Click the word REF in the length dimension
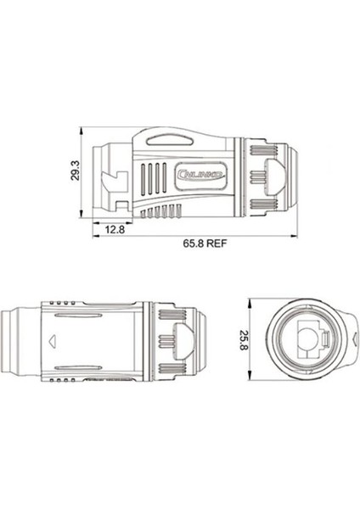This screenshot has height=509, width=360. [220, 242]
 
